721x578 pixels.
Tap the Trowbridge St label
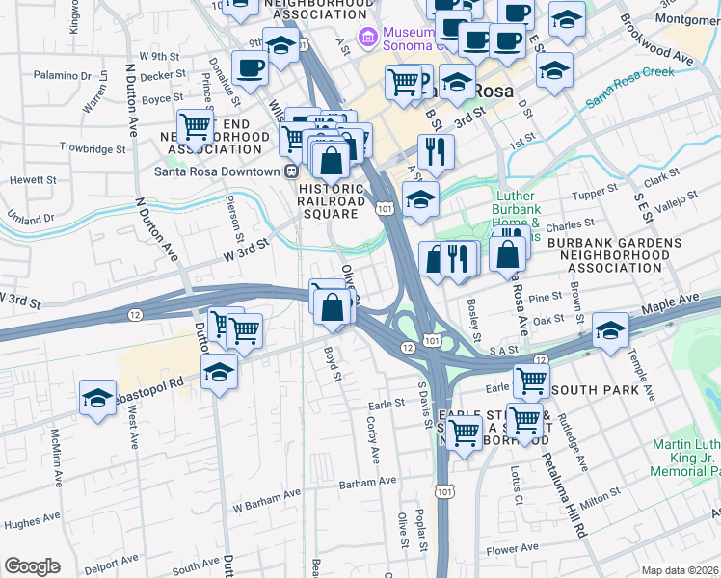(x=93, y=149)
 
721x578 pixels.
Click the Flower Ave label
(x=513, y=551)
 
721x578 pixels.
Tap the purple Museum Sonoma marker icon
(x=366, y=38)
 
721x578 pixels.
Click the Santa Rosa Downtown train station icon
(x=289, y=171)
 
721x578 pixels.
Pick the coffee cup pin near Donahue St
(x=250, y=69)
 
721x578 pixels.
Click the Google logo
(x=31, y=566)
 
